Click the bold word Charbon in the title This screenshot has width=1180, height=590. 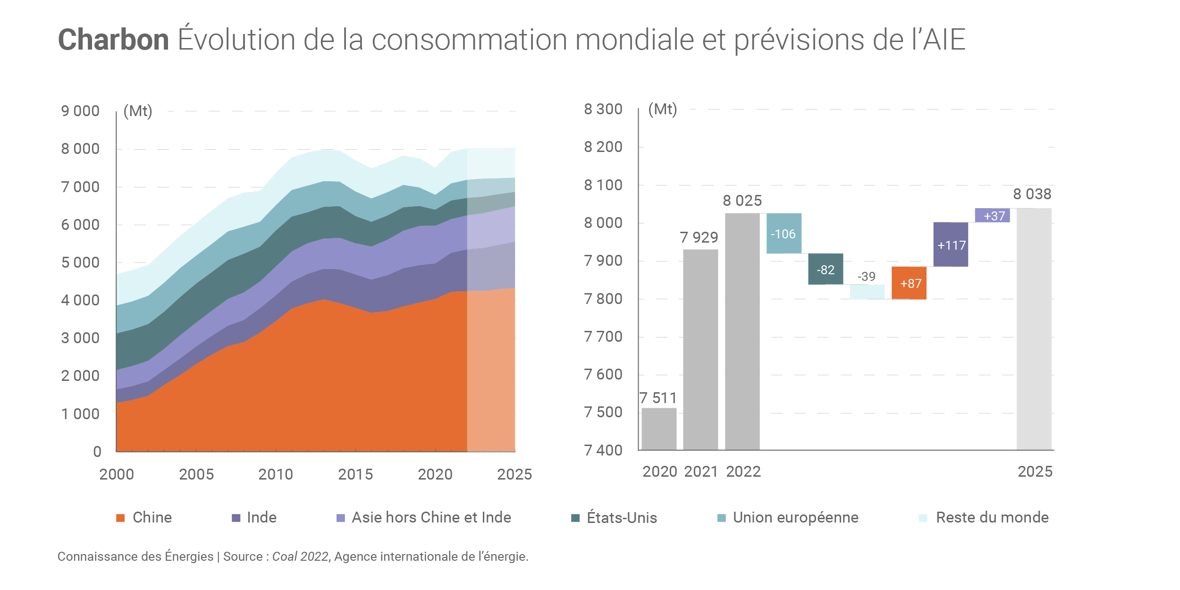113,40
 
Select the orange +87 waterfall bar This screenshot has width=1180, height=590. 909,283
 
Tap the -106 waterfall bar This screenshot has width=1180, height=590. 784,234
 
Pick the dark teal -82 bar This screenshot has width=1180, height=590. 826,270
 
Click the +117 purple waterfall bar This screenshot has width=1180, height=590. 951,245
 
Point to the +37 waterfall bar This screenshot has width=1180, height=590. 993,216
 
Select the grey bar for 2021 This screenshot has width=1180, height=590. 700,349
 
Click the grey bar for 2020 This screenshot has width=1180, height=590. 659,429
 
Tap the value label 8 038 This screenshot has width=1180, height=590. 1032,194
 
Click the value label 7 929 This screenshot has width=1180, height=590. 699,237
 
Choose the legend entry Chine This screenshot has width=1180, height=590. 152,518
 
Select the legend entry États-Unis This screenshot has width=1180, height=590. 621,518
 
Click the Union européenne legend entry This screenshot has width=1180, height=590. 795,518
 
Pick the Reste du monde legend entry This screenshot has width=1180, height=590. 992,518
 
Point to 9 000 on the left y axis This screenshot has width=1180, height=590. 80,111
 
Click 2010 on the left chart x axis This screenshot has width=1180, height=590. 276,474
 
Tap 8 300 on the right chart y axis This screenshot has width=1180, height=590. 603,109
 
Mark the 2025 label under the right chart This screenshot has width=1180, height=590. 1035,472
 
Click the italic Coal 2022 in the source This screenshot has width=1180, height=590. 300,557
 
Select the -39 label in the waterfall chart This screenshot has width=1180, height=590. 867,277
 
